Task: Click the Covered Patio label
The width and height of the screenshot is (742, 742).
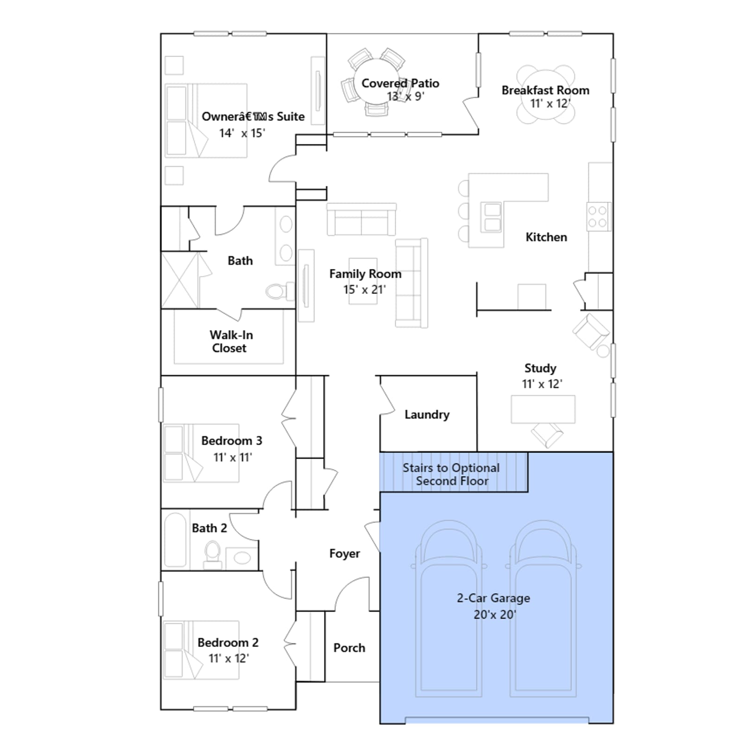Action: coord(400,83)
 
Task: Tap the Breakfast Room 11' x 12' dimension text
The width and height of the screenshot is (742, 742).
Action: coord(550,103)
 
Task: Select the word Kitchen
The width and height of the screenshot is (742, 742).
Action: coord(546,237)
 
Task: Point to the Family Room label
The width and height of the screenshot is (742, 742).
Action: coord(365,274)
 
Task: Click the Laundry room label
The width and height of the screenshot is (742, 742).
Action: coord(427,415)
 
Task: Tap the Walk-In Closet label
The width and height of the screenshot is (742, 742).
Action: coord(230,341)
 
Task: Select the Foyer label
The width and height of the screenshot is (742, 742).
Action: coord(345,554)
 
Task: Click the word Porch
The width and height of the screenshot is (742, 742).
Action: coord(349,648)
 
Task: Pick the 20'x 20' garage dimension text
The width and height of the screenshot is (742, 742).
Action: coord(495,614)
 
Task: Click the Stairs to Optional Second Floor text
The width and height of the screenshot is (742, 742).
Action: coord(451,474)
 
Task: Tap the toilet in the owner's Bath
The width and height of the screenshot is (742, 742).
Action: coord(280,291)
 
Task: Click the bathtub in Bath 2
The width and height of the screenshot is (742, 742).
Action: coord(175,540)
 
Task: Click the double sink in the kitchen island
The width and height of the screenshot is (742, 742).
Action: coord(493,217)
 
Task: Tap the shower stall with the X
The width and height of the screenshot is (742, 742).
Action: coord(179,280)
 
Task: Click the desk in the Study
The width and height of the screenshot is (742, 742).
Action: coord(543,409)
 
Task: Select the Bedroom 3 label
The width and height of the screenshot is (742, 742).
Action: coord(231,441)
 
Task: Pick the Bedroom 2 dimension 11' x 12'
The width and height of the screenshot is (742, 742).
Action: coord(229,659)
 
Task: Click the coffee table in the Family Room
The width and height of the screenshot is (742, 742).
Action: coord(363,281)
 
